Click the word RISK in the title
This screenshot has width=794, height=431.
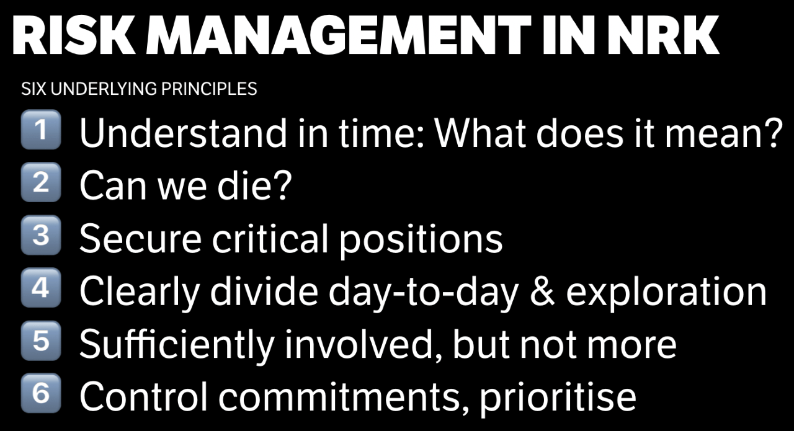tap(74, 35)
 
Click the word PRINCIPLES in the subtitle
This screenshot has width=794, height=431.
tap(209, 89)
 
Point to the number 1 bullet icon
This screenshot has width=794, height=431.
tap(41, 130)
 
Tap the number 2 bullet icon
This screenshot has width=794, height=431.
tap(41, 182)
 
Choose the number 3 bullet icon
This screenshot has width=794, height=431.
tap(41, 235)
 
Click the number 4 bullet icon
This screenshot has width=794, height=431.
tap(41, 288)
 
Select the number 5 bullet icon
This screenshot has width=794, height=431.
tap(41, 340)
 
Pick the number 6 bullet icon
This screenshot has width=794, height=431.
tap(41, 393)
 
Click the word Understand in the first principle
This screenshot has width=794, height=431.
tap(183, 133)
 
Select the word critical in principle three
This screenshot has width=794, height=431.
tap(270, 238)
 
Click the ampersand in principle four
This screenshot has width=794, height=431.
tap(542, 291)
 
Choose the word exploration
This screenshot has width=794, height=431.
tap(666, 293)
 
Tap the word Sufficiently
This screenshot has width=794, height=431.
tap(177, 345)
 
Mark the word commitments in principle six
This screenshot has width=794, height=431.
tap(344, 397)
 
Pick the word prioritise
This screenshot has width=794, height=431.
tap(558, 399)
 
